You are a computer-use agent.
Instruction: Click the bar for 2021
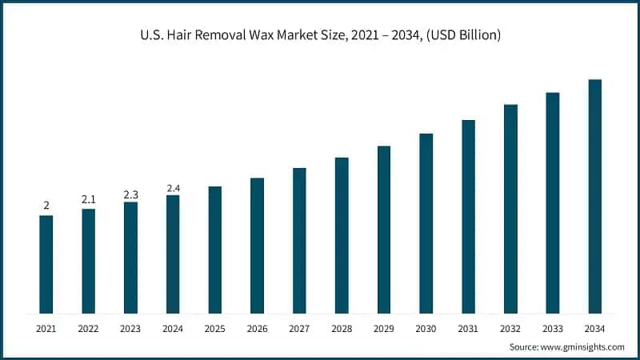[46, 264]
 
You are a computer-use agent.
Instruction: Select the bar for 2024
[173, 254]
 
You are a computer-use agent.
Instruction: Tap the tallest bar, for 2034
[594, 196]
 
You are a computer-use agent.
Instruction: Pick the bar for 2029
[384, 230]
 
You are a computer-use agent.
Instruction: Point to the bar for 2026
[257, 246]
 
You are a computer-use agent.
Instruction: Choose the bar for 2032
[510, 209]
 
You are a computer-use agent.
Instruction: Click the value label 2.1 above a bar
[88, 198]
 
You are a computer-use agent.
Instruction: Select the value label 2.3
[130, 194]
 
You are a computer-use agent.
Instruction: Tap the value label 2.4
[173, 188]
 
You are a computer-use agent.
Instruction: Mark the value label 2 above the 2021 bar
[46, 206]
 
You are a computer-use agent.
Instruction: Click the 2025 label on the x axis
[215, 328]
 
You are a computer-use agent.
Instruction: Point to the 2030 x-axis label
[426, 328]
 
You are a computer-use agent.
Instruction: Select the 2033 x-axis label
[553, 328]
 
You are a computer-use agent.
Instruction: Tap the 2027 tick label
[299, 328]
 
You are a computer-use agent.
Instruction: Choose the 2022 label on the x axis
[88, 328]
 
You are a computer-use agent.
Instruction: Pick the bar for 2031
[468, 217]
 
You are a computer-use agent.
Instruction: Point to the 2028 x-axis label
[342, 328]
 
